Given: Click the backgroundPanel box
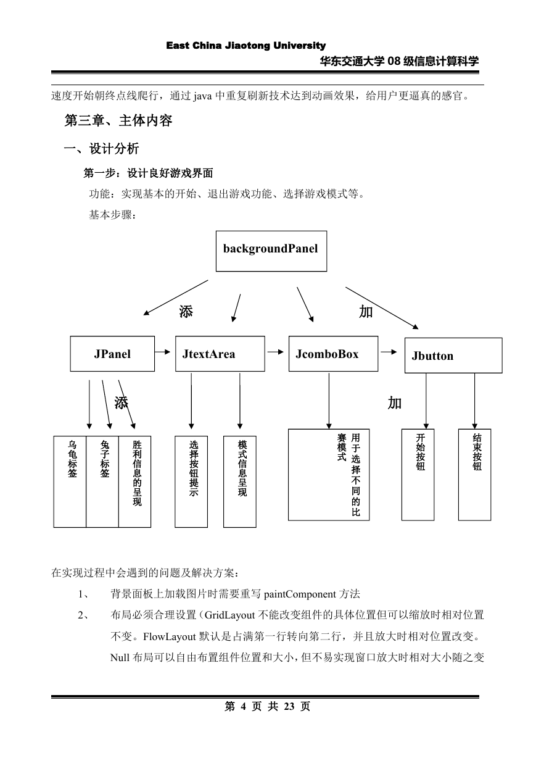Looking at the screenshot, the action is [x=271, y=251].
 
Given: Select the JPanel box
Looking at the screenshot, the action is [x=112, y=354].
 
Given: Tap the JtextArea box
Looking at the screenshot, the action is [x=220, y=354].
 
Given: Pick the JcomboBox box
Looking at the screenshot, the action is [x=333, y=354].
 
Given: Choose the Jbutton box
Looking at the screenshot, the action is [x=453, y=356].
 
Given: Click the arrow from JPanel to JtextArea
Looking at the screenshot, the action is [x=163, y=352].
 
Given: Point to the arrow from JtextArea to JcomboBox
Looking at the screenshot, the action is [x=275, y=352].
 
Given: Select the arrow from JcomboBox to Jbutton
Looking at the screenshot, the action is [x=389, y=352].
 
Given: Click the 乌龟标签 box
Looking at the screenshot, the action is [x=70, y=481].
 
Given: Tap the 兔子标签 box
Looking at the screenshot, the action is [x=102, y=481].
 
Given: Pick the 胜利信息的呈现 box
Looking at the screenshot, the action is [x=134, y=481].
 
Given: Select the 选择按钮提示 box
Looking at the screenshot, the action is [x=191, y=481].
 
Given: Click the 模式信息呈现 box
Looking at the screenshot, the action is [x=240, y=481].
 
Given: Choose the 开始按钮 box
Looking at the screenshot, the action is [x=418, y=475].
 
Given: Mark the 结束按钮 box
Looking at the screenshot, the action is [x=474, y=475].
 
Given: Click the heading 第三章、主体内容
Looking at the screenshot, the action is [x=118, y=120].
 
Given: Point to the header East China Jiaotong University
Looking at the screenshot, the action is [x=246, y=45].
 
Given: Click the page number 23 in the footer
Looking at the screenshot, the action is [x=289, y=706].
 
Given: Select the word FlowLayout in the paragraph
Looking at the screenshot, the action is [x=170, y=636].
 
